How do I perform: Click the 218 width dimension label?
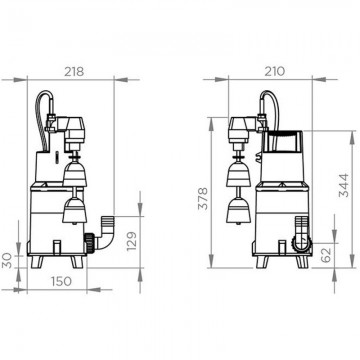[74, 72]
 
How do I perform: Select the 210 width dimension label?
[275, 71]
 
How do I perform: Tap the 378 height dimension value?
[203, 199]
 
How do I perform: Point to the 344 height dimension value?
[344, 185]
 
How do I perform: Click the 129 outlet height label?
[132, 241]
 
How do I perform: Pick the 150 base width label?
[61, 281]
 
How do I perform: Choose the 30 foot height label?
[7, 261]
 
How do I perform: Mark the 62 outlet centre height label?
[327, 255]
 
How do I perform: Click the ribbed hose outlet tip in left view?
[108, 221]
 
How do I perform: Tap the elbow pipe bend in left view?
[106, 239]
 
